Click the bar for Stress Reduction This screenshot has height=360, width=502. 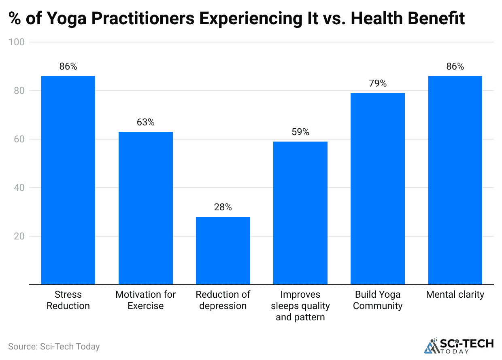[68, 180]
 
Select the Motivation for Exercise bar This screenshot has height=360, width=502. [145, 208]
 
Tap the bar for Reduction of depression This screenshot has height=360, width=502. [223, 250]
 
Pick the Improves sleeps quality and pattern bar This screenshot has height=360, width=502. [300, 213]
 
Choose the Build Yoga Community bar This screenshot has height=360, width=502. [377, 188]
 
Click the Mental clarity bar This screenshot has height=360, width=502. [455, 180]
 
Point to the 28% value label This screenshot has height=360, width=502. [223, 208]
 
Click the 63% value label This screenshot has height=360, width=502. [145, 123]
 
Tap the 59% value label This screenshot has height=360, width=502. [300, 132]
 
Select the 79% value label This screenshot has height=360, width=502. [377, 84]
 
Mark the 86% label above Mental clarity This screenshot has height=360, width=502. [455, 67]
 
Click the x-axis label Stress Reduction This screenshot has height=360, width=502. [68, 300]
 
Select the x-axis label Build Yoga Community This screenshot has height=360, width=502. [377, 300]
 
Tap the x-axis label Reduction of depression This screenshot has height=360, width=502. [223, 300]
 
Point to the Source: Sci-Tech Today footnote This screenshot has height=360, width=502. [54, 347]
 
